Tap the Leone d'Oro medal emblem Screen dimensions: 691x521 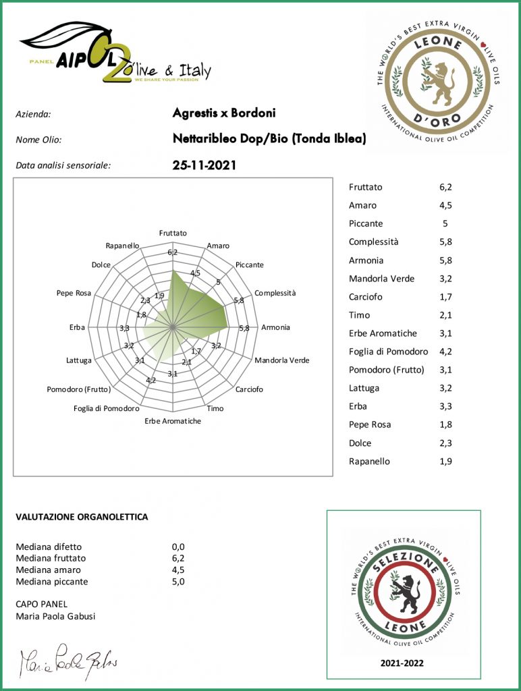(x=438, y=80)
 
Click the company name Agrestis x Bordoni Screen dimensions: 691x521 (x=224, y=113)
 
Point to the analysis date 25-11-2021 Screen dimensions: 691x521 (x=204, y=165)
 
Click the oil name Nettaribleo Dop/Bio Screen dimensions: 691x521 (x=269, y=139)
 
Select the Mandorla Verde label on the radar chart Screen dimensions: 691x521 (x=281, y=360)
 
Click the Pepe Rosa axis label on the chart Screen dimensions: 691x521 (x=74, y=294)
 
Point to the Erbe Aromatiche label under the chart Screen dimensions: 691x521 (x=173, y=421)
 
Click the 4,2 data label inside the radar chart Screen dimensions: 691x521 (x=151, y=381)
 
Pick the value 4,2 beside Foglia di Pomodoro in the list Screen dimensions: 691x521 (x=445, y=352)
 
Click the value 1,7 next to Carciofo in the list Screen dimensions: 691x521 (x=445, y=297)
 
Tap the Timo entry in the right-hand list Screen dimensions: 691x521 (x=359, y=315)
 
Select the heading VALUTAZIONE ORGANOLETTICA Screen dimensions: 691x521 (x=82, y=517)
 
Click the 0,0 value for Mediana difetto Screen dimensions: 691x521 (x=178, y=547)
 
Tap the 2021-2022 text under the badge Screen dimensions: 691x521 (x=403, y=663)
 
